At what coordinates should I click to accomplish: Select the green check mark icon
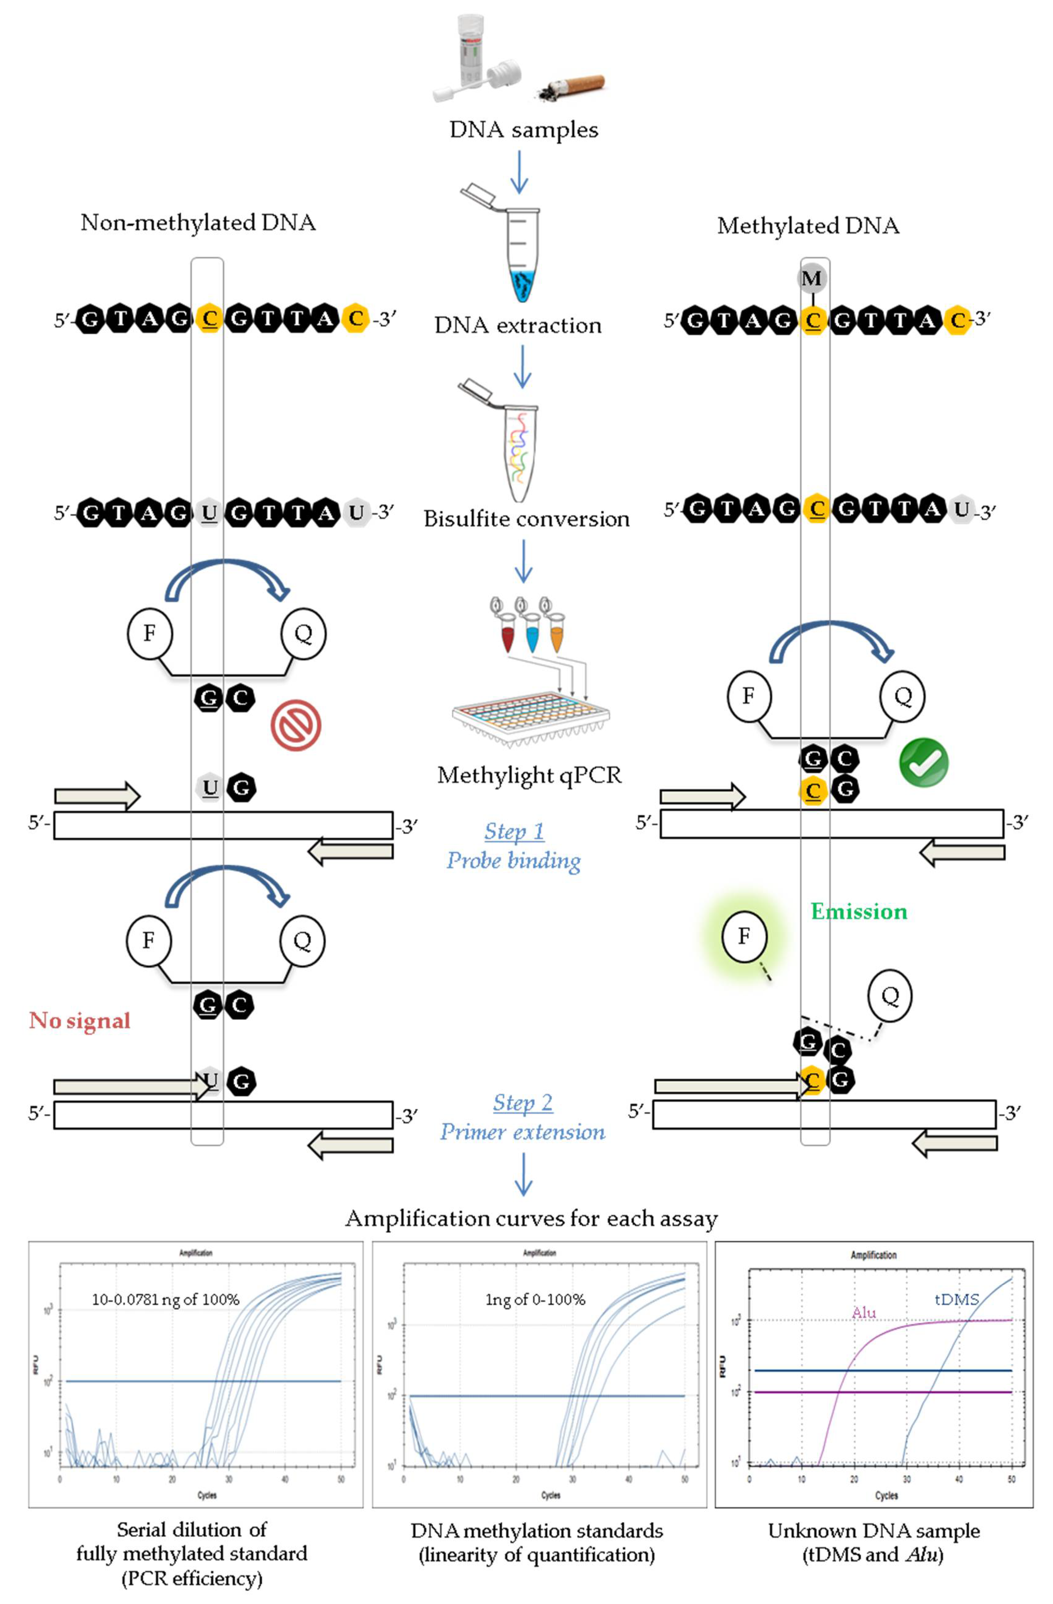coord(924,762)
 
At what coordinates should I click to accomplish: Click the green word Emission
coord(858,911)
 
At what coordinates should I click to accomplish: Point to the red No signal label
coord(79,1020)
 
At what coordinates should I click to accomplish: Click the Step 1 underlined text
coord(514,831)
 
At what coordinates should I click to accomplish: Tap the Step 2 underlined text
coord(523,1102)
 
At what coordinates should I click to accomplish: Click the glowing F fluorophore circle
coord(743,936)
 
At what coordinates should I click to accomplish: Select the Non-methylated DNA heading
coord(198,222)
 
